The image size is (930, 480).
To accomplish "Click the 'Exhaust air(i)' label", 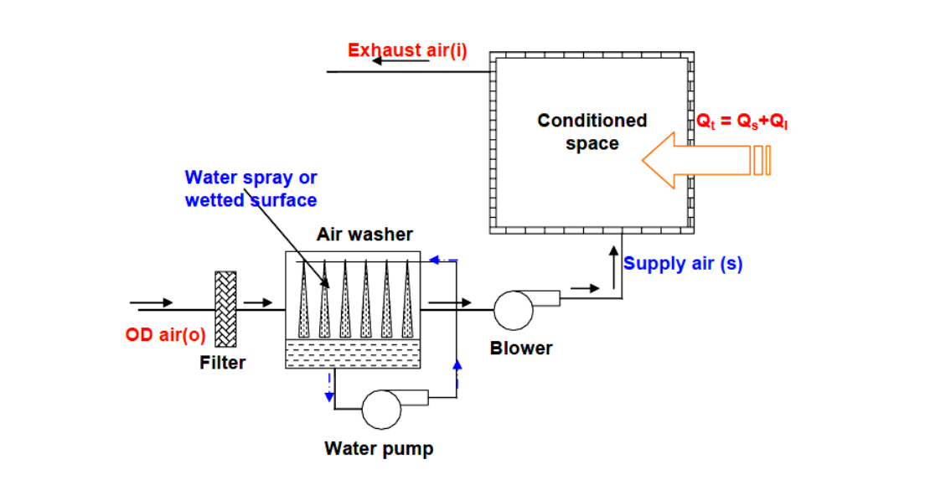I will [407, 50].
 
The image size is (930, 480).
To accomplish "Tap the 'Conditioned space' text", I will [592, 132].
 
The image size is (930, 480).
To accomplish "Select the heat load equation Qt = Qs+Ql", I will [742, 121].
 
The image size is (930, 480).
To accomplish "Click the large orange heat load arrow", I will [704, 159].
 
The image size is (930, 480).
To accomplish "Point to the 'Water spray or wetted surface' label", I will [251, 188].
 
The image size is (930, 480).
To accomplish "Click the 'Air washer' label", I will [364, 235].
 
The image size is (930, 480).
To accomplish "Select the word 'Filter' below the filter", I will [223, 363].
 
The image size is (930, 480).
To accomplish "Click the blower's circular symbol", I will [513, 310].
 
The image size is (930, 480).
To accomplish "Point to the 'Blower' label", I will [521, 348].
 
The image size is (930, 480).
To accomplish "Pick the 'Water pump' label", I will [379, 449].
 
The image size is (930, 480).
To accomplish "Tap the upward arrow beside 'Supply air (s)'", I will [613, 256].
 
